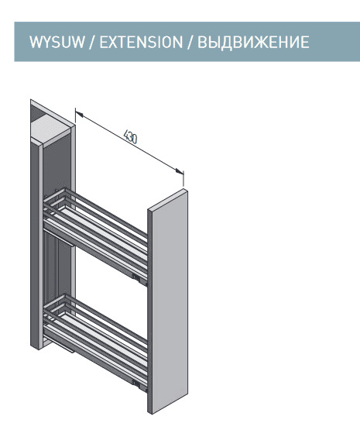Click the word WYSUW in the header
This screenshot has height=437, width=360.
pyautogui.click(x=57, y=42)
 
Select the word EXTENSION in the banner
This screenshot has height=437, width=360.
pyautogui.click(x=141, y=42)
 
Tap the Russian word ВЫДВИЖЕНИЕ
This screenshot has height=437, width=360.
pyautogui.click(x=253, y=42)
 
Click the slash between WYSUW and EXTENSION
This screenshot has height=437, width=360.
pyautogui.click(x=92, y=42)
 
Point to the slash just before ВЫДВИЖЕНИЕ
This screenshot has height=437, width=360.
pyautogui.click(x=190, y=42)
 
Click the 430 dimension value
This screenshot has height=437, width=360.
pyautogui.click(x=130, y=136)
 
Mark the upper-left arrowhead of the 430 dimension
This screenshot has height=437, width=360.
pyautogui.click(x=78, y=113)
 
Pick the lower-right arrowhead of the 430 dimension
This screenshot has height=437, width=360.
pyautogui.click(x=180, y=171)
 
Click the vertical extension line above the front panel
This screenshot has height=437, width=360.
pyautogui.click(x=183, y=178)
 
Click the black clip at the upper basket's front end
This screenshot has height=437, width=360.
pyautogui.click(x=136, y=277)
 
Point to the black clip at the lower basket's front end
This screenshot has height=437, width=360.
pyautogui.click(x=136, y=384)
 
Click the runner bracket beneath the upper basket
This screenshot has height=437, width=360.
pyautogui.click(x=60, y=238)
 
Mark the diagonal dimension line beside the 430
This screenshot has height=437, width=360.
pyautogui.click(x=129, y=143)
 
